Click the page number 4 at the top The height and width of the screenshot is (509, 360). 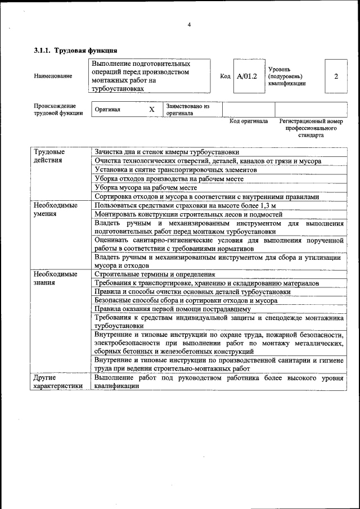pyautogui.click(x=189, y=24)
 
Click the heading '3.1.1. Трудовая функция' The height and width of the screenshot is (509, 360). pyautogui.click(x=75, y=51)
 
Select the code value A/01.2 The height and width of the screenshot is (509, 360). pyautogui.click(x=246, y=76)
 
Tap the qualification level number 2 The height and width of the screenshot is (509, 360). pyautogui.click(x=336, y=76)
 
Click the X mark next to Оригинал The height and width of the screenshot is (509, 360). pyautogui.click(x=151, y=110)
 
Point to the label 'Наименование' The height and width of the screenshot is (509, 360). pyautogui.click(x=53, y=76)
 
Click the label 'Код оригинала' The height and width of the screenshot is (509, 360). pyautogui.click(x=249, y=121)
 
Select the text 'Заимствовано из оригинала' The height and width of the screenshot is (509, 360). pyautogui.click(x=188, y=109)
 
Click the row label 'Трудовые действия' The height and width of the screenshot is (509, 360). pyautogui.click(x=49, y=156)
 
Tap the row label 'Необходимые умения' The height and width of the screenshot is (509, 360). pyautogui.click(x=55, y=210)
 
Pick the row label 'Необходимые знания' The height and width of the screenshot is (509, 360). pyautogui.click(x=55, y=278)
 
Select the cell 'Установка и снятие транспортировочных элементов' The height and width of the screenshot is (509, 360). pyautogui.click(x=175, y=169)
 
